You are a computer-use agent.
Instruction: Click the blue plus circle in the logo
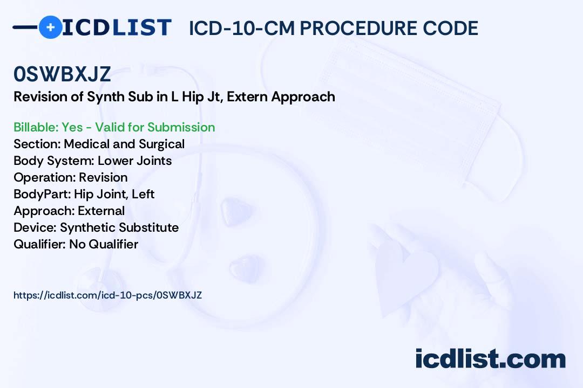coord(50,27)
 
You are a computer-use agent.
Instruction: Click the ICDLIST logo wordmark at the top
coord(117,27)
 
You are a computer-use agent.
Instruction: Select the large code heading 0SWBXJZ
coord(62,74)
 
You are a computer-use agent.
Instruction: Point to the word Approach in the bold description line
coord(303,98)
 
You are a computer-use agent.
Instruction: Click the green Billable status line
coord(114,127)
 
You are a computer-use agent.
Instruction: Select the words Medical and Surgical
coord(124,144)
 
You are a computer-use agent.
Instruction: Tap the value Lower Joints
coord(134,161)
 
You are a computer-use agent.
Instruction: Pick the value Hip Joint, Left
coord(114,194)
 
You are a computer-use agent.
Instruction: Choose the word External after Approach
coord(101,211)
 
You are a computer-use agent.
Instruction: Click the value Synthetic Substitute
coord(119,227)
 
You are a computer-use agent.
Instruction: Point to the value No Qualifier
coord(104,244)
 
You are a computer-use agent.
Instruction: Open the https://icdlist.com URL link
coord(108,295)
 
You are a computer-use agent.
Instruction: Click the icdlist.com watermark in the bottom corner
coord(490,359)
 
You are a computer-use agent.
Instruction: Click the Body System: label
coord(54,161)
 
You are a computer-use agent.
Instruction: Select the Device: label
coord(35,227)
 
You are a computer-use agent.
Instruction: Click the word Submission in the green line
coord(181,127)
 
